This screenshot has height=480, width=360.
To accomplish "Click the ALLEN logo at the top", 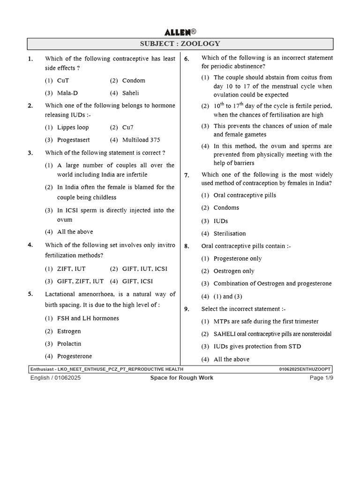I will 180,32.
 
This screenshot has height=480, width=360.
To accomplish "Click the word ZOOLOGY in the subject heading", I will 200,44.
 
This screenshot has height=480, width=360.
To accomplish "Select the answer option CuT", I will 63,81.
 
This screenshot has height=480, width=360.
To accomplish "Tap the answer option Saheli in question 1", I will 130,93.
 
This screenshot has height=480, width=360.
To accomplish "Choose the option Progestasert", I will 73,140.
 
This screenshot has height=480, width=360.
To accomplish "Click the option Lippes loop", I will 73,127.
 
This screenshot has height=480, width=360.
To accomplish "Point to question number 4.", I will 30,245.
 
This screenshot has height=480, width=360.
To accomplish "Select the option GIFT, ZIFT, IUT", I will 74,281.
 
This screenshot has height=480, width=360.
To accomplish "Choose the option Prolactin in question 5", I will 69,344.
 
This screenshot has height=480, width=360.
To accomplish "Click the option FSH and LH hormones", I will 88,318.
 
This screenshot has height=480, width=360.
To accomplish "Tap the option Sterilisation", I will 229,233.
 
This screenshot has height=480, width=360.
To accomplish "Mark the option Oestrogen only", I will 234,271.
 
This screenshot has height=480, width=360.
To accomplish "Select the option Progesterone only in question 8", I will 237,258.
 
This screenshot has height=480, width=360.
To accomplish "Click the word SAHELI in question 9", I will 225,334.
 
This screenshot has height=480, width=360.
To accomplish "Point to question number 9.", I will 187,309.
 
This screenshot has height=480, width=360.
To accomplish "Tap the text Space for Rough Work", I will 182,378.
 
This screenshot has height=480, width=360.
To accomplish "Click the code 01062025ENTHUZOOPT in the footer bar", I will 305,369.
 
